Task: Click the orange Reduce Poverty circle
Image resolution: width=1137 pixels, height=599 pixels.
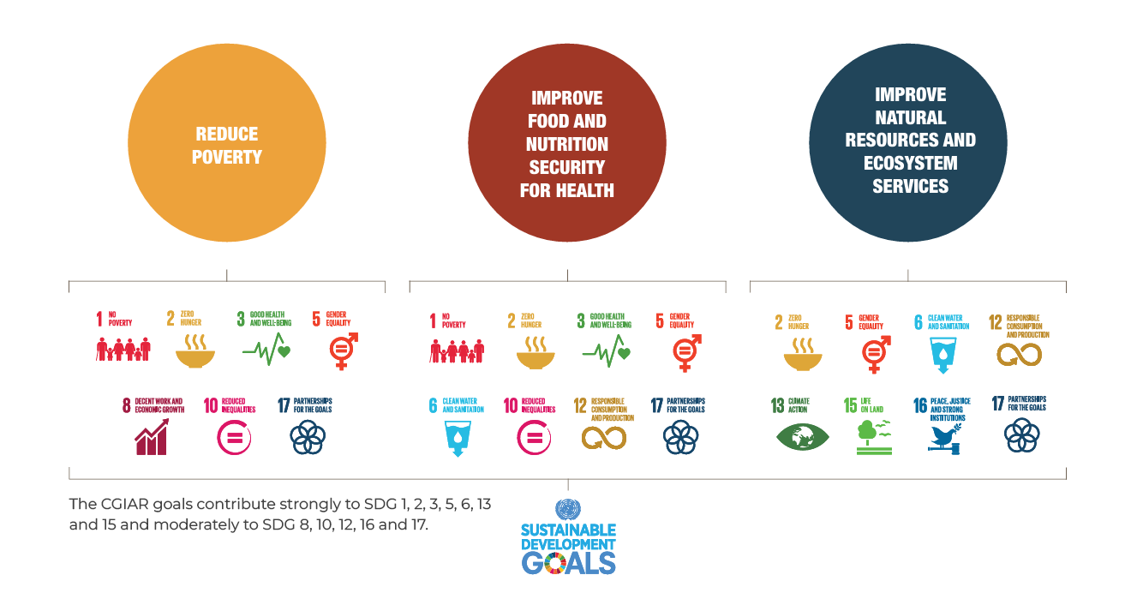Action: point(227,145)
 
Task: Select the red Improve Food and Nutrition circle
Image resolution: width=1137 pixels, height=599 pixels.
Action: point(567,145)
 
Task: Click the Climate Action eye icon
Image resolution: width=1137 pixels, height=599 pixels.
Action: point(803,437)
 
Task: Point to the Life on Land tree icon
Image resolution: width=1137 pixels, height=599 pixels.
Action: point(871,437)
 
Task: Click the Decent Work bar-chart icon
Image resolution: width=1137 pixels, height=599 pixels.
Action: point(151,439)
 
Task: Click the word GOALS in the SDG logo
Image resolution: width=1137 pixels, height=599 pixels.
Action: point(569,562)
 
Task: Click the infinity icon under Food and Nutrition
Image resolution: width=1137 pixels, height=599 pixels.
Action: point(604,438)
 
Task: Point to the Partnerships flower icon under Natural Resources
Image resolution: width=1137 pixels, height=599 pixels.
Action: point(1021,437)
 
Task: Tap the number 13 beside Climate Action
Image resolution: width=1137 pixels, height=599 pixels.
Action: point(778,406)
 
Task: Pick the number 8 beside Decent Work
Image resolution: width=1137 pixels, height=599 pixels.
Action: point(127,406)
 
